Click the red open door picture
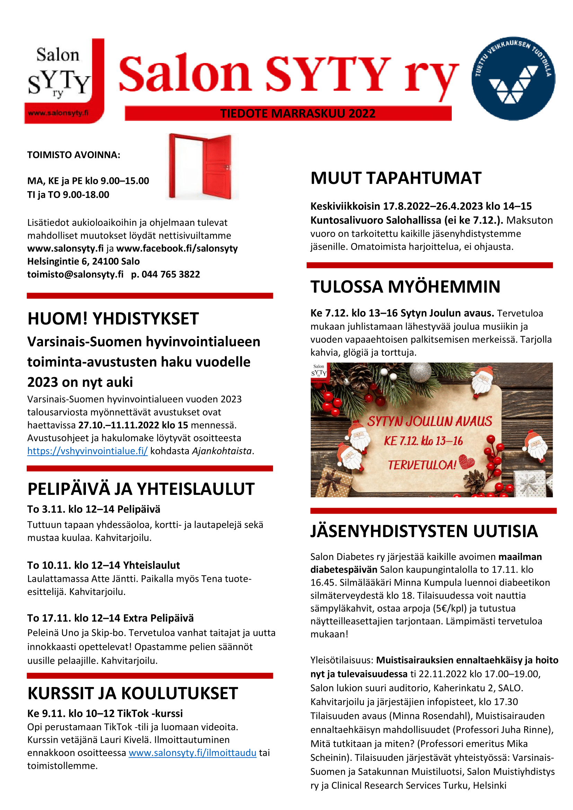point(202,167)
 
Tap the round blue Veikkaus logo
point(513,78)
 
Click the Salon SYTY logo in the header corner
point(64,81)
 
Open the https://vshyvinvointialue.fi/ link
point(87,451)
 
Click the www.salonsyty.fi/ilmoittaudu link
point(192,753)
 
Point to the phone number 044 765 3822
point(171,275)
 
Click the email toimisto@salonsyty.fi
point(75,275)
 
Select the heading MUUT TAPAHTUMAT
point(396,178)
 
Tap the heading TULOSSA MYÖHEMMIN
point(405,287)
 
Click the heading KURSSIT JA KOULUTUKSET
point(133,694)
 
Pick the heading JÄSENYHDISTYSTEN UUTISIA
point(424,531)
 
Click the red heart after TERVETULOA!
point(466,462)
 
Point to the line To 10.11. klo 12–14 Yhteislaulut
point(103,565)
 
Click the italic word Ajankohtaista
point(222,451)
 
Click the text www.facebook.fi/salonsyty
point(177,248)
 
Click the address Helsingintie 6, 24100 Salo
point(83,261)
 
